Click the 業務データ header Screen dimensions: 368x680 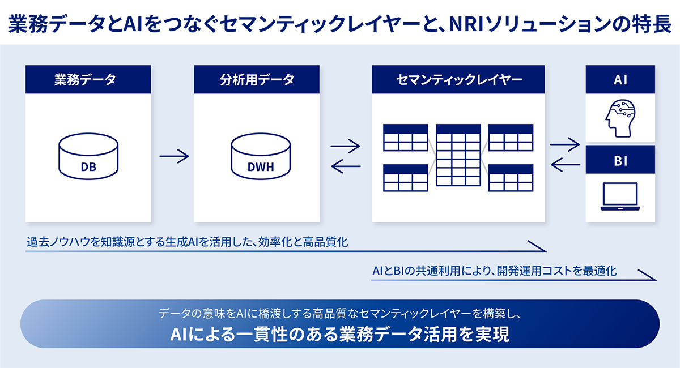(x=88, y=79)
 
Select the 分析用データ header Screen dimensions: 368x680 (x=257, y=79)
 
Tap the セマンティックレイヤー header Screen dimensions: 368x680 (x=458, y=79)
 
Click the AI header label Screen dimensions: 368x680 (x=620, y=79)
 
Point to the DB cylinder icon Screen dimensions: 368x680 (x=88, y=158)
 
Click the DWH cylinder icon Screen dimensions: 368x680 (x=260, y=158)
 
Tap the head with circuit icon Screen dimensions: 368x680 (x=620, y=117)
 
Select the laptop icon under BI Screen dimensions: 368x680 (x=620, y=196)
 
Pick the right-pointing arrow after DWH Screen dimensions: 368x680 (x=346, y=146)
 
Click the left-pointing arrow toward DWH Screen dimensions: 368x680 (x=346, y=166)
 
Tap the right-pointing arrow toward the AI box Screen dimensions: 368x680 (x=565, y=145)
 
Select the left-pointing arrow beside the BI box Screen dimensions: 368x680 (x=565, y=165)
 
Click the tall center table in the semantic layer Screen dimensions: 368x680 (x=458, y=155)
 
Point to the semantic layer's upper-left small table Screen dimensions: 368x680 (x=405, y=138)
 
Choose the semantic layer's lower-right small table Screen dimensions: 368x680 (x=511, y=178)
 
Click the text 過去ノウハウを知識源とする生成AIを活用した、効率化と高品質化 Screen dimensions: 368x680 (x=188, y=242)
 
